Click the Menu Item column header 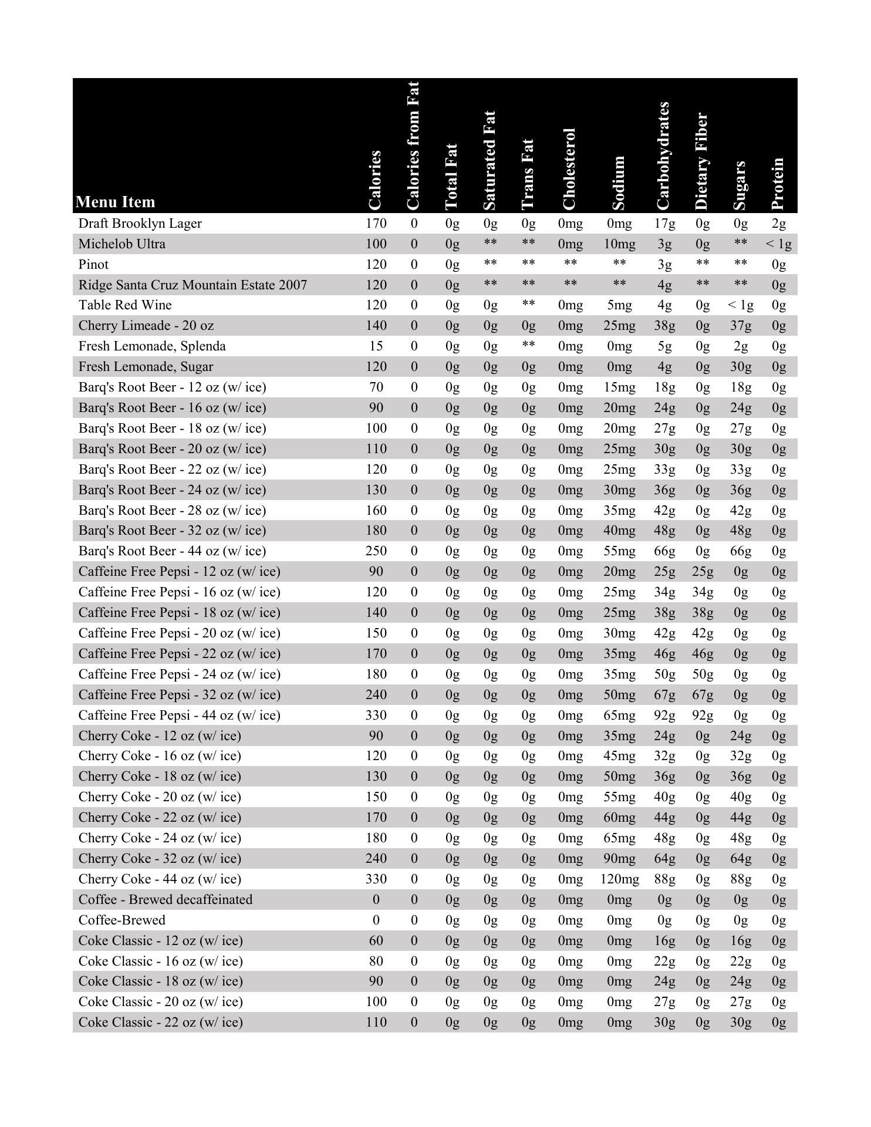coord(116,202)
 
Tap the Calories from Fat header coord(413,146)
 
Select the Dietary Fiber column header coord(702,161)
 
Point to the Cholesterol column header coord(569,169)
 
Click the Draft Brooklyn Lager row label coord(140,224)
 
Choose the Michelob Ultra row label coord(121,244)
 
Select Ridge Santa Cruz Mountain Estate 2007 coord(193,285)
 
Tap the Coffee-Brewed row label coord(121,920)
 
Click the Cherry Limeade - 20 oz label coord(146,326)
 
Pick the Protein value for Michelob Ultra coord(778,244)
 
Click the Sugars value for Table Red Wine coord(740,305)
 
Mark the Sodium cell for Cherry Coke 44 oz coord(619,879)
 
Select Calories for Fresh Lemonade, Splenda coord(376,346)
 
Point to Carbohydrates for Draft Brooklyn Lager coord(664,224)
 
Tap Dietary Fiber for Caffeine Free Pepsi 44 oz coord(703,715)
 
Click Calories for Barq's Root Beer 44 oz coord(376,551)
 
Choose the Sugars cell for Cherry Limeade coord(740,326)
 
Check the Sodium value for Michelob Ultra coord(619,244)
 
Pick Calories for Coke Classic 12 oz coord(376,940)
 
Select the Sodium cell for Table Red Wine coord(619,305)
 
